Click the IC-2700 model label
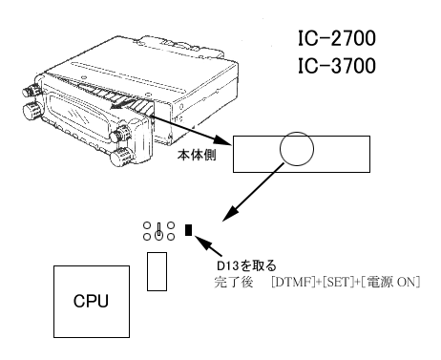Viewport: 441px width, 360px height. pyautogui.click(x=337, y=38)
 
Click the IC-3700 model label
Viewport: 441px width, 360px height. pyautogui.click(x=337, y=66)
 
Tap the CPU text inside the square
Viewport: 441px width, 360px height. pyautogui.click(x=91, y=301)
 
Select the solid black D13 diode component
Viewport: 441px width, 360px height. pyautogui.click(x=188, y=230)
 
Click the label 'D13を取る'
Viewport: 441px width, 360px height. pyautogui.click(x=246, y=265)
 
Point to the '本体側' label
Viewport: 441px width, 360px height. pyautogui.click(x=197, y=155)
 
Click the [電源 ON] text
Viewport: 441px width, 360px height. pyautogui.click(x=390, y=282)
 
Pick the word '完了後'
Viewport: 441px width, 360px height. pyautogui.click(x=234, y=282)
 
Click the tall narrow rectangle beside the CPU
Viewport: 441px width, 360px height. pyautogui.click(x=157, y=271)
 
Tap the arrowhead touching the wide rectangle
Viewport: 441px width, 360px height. pyautogui.click(x=223, y=140)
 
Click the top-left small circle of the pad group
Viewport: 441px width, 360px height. pyautogui.click(x=147, y=225)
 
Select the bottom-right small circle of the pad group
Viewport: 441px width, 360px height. pyautogui.click(x=171, y=237)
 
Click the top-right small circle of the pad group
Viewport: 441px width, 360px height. pyautogui.click(x=171, y=225)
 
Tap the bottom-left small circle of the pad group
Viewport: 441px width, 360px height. pyautogui.click(x=147, y=237)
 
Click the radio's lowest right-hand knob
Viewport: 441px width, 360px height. pyautogui.click(x=121, y=157)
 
